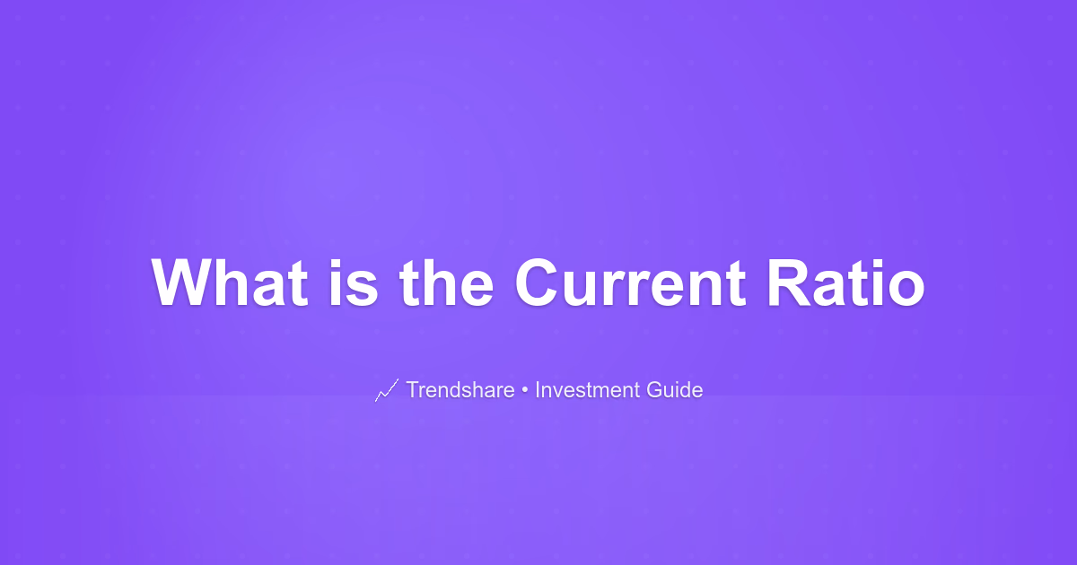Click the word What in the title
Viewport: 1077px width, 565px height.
230,282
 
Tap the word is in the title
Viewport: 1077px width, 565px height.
354,282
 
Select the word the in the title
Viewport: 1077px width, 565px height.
447,282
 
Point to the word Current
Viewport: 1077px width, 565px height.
630,282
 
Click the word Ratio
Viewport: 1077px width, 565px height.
846,282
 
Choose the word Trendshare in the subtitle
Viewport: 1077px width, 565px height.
460,389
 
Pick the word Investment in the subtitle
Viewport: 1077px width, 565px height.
588,389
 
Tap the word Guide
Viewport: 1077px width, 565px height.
675,389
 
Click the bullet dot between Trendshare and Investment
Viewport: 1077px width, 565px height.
525,390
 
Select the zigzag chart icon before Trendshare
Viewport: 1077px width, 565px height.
387,390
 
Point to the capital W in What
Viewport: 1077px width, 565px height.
180,282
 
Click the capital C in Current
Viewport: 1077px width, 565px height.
536,282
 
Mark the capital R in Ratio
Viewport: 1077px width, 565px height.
789,282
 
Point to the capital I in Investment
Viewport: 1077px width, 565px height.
538,389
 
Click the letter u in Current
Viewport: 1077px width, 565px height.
582,289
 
